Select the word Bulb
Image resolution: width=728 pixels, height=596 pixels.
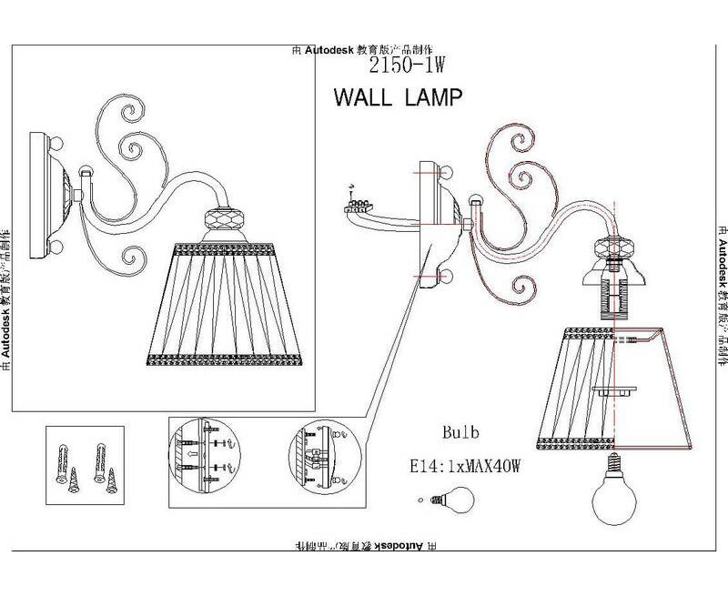click(460, 432)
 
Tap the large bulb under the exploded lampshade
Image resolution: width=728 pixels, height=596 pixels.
click(611, 496)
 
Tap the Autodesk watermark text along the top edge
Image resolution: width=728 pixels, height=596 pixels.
click(365, 51)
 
